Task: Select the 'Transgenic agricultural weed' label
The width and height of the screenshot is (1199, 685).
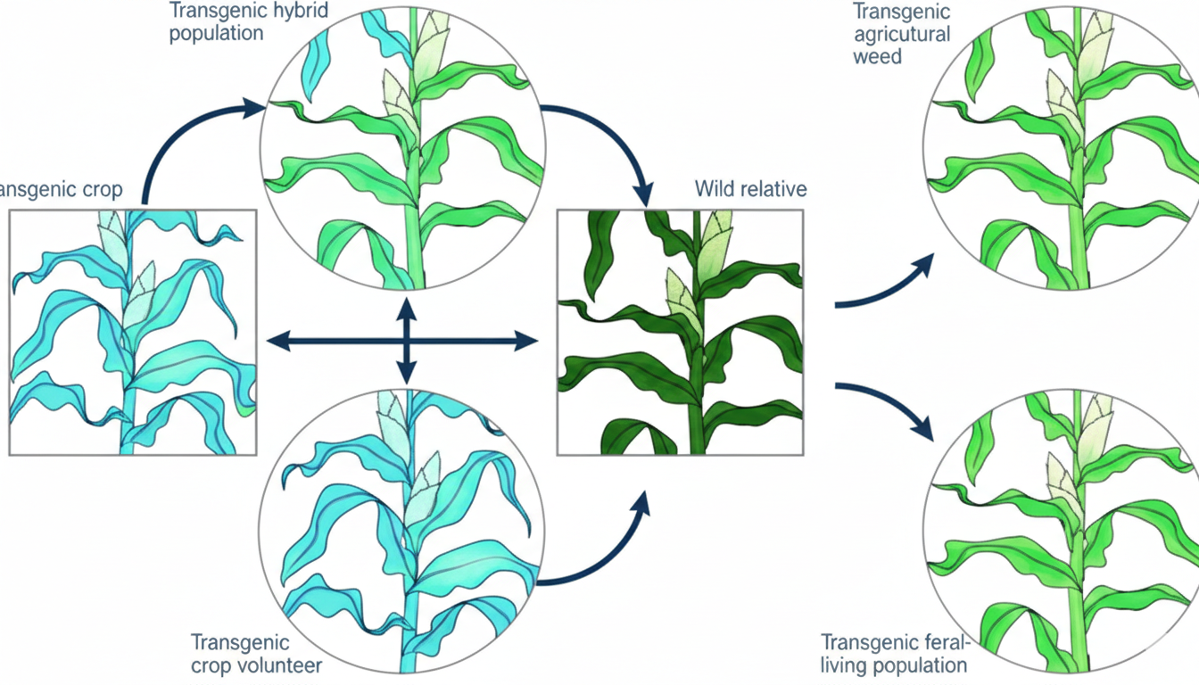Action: click(901, 35)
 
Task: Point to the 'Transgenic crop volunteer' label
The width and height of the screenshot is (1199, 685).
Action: click(256, 654)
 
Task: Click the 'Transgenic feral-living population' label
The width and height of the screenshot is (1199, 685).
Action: click(894, 654)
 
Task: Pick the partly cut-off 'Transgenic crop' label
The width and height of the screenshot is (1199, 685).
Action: click(62, 190)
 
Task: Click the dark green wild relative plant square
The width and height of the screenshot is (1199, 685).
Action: click(679, 332)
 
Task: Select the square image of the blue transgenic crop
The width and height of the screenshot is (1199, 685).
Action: click(132, 332)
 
